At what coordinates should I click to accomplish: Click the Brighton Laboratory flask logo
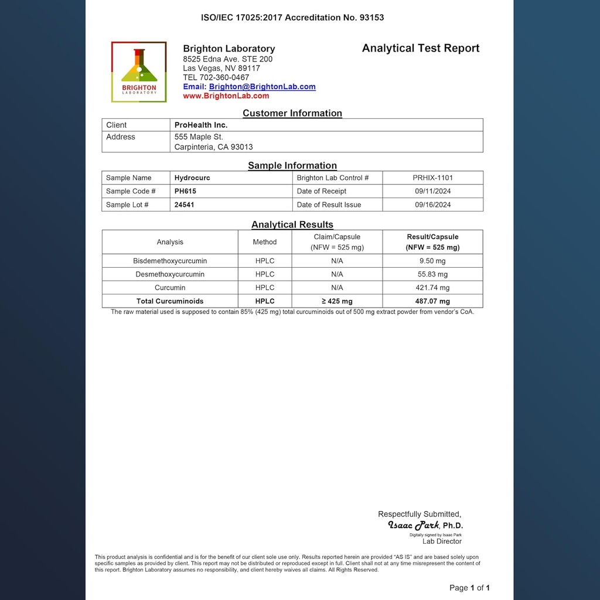[x=139, y=71]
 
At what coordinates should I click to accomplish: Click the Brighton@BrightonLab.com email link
[x=262, y=87]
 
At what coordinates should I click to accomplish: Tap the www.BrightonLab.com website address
[x=226, y=96]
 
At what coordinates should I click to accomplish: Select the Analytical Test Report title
[x=420, y=49]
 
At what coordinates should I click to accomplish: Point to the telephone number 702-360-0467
[x=224, y=77]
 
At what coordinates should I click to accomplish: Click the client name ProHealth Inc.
[x=201, y=125]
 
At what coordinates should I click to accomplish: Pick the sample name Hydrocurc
[x=193, y=178]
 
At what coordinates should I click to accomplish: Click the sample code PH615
[x=185, y=191]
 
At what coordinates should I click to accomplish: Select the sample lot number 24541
[x=185, y=204]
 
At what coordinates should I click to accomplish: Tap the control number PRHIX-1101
[x=432, y=178]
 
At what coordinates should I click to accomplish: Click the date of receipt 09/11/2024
[x=432, y=191]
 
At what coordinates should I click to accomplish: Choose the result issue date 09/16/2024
[x=432, y=204]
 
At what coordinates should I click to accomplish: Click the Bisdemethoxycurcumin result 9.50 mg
[x=432, y=261]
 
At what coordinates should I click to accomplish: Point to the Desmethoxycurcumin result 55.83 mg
[x=432, y=274]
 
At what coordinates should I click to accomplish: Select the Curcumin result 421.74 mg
[x=432, y=288]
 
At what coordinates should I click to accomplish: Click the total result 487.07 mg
[x=432, y=301]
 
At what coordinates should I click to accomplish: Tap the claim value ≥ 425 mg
[x=337, y=301]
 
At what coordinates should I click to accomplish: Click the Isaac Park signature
[x=414, y=526]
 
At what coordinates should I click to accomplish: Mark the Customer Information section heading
[x=292, y=113]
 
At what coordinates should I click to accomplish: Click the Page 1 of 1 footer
[x=469, y=588]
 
